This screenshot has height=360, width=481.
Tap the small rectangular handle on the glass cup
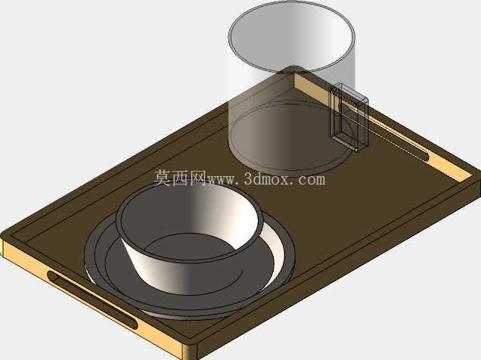(349, 116)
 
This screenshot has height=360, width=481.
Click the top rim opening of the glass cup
(291, 37)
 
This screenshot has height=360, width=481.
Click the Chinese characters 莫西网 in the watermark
(180, 178)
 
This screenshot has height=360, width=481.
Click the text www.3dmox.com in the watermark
(266, 179)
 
